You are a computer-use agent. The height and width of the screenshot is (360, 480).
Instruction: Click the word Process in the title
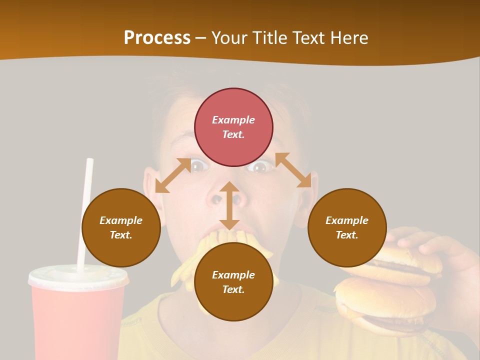pos(157,38)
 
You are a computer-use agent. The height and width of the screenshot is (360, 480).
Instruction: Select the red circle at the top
pos(233,127)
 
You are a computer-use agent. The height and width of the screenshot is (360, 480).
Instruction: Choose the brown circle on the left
pos(121,227)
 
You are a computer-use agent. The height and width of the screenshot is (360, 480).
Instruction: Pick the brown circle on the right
pos(347,227)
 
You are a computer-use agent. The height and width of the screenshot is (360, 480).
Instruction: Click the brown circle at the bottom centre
pos(233,282)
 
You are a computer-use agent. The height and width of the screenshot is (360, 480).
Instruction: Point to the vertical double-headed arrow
pos(229,205)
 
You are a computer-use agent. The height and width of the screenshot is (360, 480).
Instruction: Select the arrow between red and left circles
pos(173,175)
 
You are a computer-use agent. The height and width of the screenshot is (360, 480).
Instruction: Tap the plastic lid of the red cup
pos(77,277)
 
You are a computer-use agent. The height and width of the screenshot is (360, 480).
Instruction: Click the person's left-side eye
pos(199,165)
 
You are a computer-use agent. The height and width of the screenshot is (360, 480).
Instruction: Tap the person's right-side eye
pos(260,167)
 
